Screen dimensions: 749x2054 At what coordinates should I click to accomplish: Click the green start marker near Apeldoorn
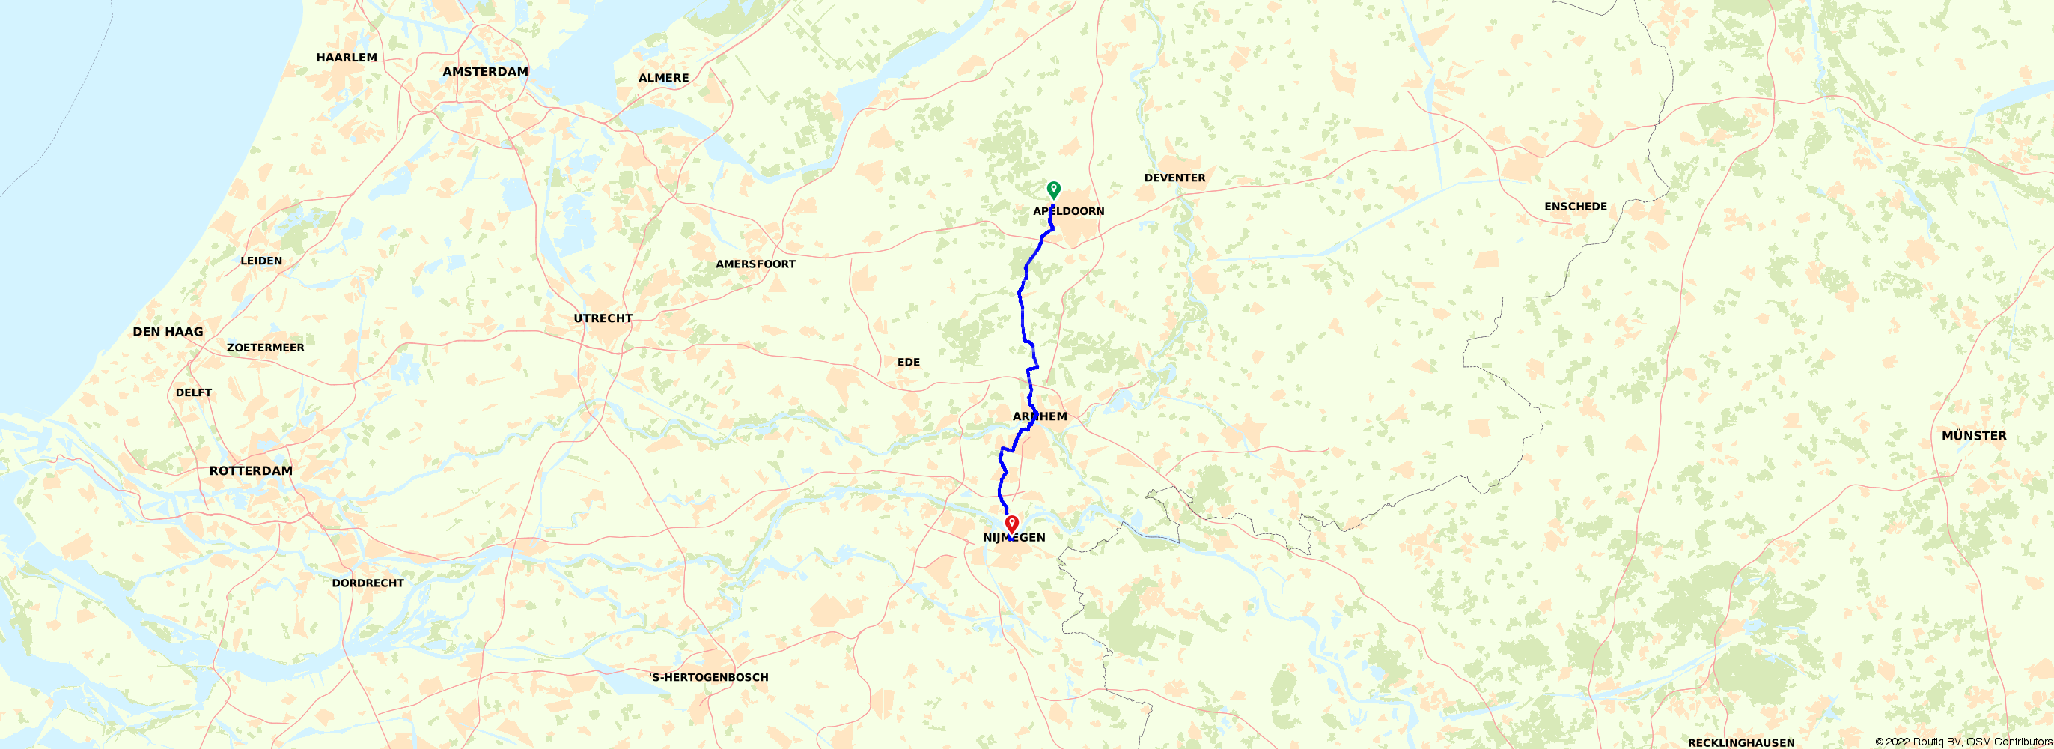coord(1053,189)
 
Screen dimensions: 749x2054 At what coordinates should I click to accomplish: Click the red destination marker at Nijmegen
coord(1012,524)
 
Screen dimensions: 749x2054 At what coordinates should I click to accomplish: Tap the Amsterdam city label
coord(485,72)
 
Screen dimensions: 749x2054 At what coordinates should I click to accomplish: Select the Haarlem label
coord(346,58)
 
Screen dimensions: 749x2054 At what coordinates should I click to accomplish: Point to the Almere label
coord(663,78)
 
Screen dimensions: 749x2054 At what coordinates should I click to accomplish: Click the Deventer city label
coord(1174,178)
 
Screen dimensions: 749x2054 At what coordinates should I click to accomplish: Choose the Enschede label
coord(1575,207)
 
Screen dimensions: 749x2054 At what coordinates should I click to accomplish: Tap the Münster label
coord(1973,435)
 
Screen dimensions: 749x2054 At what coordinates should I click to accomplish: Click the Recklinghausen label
coord(1740,742)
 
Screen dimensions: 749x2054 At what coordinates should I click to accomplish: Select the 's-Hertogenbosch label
coord(708,677)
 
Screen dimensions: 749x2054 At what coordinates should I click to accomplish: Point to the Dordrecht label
coord(368,583)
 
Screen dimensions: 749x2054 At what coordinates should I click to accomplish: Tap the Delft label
coord(194,392)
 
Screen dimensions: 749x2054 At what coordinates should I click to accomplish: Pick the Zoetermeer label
coord(265,348)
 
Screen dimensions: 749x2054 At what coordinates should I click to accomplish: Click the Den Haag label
coord(168,332)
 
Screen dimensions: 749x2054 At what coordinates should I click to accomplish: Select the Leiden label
coord(260,261)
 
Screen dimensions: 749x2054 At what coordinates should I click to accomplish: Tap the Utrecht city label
coord(603,318)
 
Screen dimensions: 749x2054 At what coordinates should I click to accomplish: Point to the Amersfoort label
coord(755,264)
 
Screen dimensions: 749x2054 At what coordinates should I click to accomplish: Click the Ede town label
coord(908,362)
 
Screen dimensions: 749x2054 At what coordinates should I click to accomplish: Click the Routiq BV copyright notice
coord(1963,742)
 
